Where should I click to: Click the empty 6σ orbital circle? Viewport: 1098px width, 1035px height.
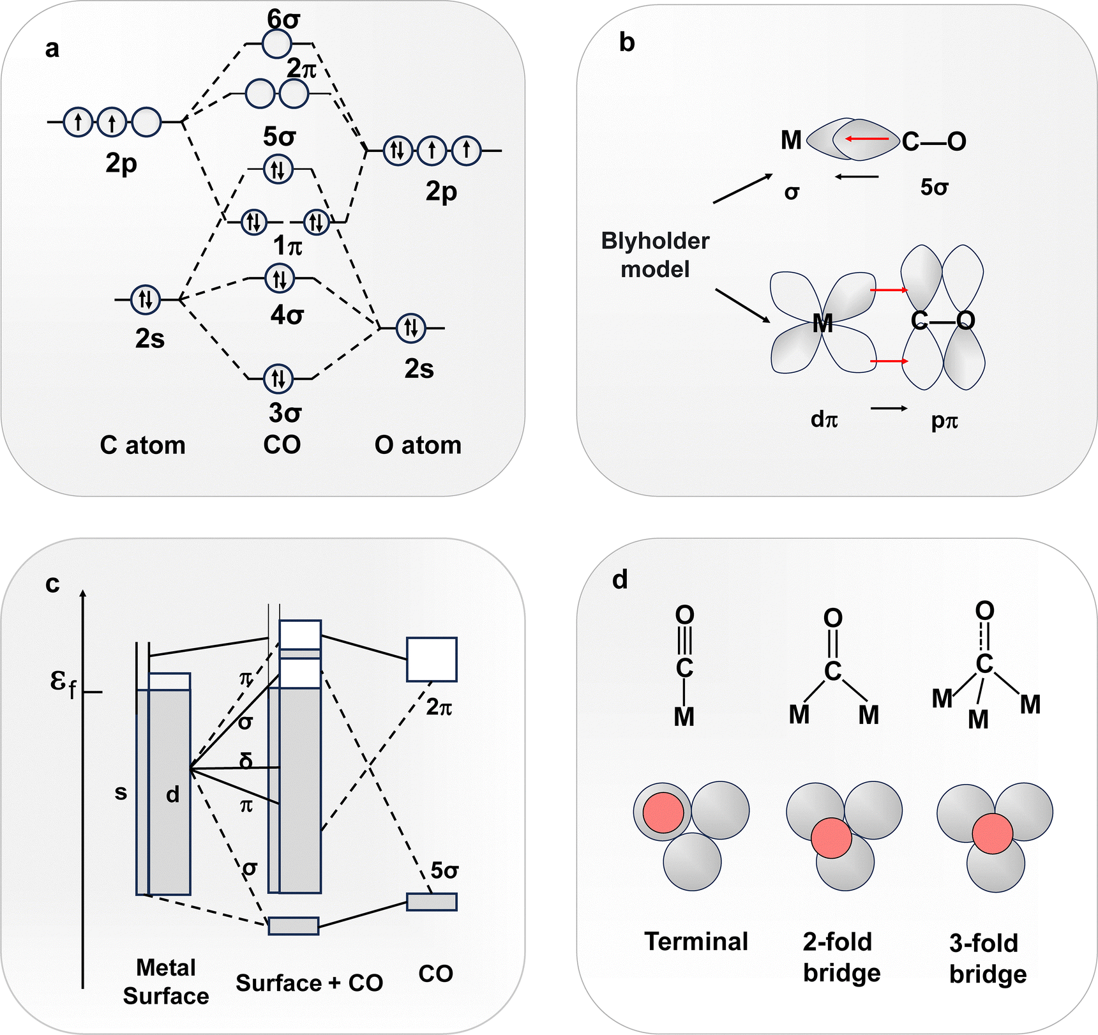click(x=276, y=44)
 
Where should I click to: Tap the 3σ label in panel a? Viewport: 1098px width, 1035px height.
click(x=285, y=413)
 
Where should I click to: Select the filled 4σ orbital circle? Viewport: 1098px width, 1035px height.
click(x=279, y=279)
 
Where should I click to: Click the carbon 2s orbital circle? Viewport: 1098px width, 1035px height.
click(x=145, y=299)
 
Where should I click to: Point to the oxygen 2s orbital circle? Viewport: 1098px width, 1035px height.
click(x=410, y=328)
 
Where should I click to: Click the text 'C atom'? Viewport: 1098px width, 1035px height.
click(x=142, y=445)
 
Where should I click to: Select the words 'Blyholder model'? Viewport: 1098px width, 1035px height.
click(x=655, y=255)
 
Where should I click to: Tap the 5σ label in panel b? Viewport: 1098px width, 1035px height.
click(x=934, y=187)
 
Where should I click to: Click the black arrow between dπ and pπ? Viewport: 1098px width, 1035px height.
click(x=889, y=408)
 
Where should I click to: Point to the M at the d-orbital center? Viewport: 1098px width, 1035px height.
click(x=823, y=324)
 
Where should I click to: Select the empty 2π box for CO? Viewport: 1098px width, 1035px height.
click(x=432, y=659)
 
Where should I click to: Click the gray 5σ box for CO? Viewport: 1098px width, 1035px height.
click(x=432, y=902)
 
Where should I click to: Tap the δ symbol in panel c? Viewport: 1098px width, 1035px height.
click(x=246, y=761)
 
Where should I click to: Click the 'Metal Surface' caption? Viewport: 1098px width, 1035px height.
click(x=166, y=982)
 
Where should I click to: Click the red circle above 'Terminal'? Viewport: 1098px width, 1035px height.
click(x=663, y=813)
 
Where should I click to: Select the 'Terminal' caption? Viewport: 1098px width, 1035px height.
click(x=696, y=942)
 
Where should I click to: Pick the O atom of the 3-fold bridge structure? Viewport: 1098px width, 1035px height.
click(x=984, y=611)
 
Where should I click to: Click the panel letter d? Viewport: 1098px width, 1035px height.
click(x=620, y=580)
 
